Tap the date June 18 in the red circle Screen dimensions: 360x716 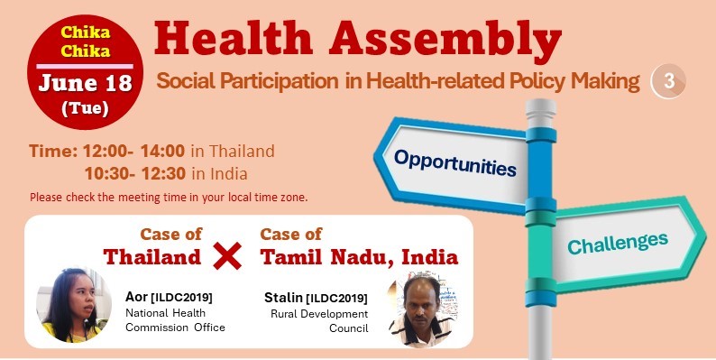(85, 86)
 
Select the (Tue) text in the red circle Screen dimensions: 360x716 (85, 110)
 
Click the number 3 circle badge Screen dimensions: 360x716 (668, 81)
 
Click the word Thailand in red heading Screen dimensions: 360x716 (151, 257)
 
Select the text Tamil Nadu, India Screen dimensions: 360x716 (359, 257)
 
